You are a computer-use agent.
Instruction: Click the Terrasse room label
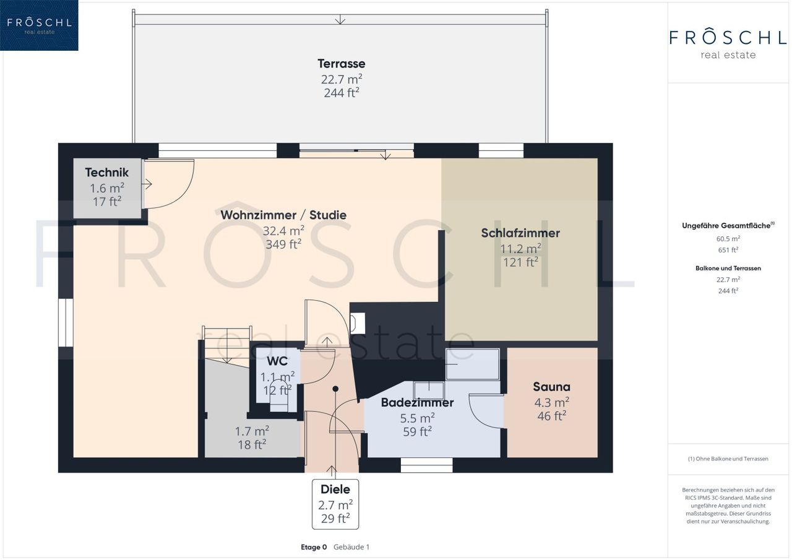(341, 64)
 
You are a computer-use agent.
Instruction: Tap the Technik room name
(107, 173)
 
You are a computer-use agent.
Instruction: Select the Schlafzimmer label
(520, 233)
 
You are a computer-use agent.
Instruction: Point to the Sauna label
(551, 387)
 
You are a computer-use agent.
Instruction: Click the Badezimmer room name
(417, 402)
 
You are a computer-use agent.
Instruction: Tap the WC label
(277, 361)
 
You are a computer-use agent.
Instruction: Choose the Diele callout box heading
(335, 489)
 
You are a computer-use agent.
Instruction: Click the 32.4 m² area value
(283, 231)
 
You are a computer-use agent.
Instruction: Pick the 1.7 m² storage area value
(252, 431)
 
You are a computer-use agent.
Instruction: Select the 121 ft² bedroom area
(521, 262)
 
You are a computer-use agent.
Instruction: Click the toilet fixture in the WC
(279, 395)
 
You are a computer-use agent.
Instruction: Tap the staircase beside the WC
(226, 345)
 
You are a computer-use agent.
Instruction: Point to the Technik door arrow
(147, 184)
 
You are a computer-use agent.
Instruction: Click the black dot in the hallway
(335, 389)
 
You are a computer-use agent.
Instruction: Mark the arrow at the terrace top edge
(340, 19)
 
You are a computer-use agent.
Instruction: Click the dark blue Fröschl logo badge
(39, 25)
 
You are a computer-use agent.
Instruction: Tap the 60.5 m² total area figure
(728, 239)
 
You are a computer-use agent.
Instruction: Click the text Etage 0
(314, 547)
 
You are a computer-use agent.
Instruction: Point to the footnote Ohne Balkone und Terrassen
(728, 459)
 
